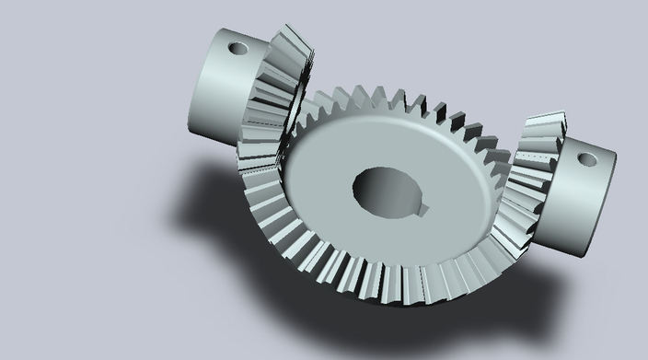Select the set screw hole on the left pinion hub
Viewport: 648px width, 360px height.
[237, 47]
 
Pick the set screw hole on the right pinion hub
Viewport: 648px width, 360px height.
[586, 158]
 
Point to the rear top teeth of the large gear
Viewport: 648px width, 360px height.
[396, 103]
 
